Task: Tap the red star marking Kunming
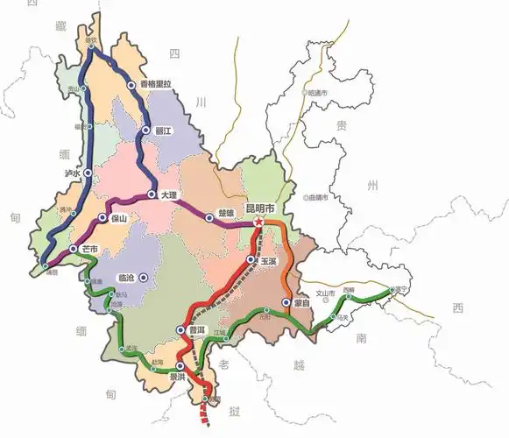click(x=259, y=224)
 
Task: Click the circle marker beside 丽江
click(x=146, y=131)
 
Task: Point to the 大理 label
click(x=169, y=195)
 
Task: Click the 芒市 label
click(x=88, y=250)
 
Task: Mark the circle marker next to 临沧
click(x=144, y=278)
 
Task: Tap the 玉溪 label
click(x=268, y=261)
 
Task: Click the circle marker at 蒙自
click(x=286, y=302)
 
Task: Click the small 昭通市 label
click(x=316, y=92)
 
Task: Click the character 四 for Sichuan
click(x=173, y=53)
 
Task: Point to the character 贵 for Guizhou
click(x=342, y=125)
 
